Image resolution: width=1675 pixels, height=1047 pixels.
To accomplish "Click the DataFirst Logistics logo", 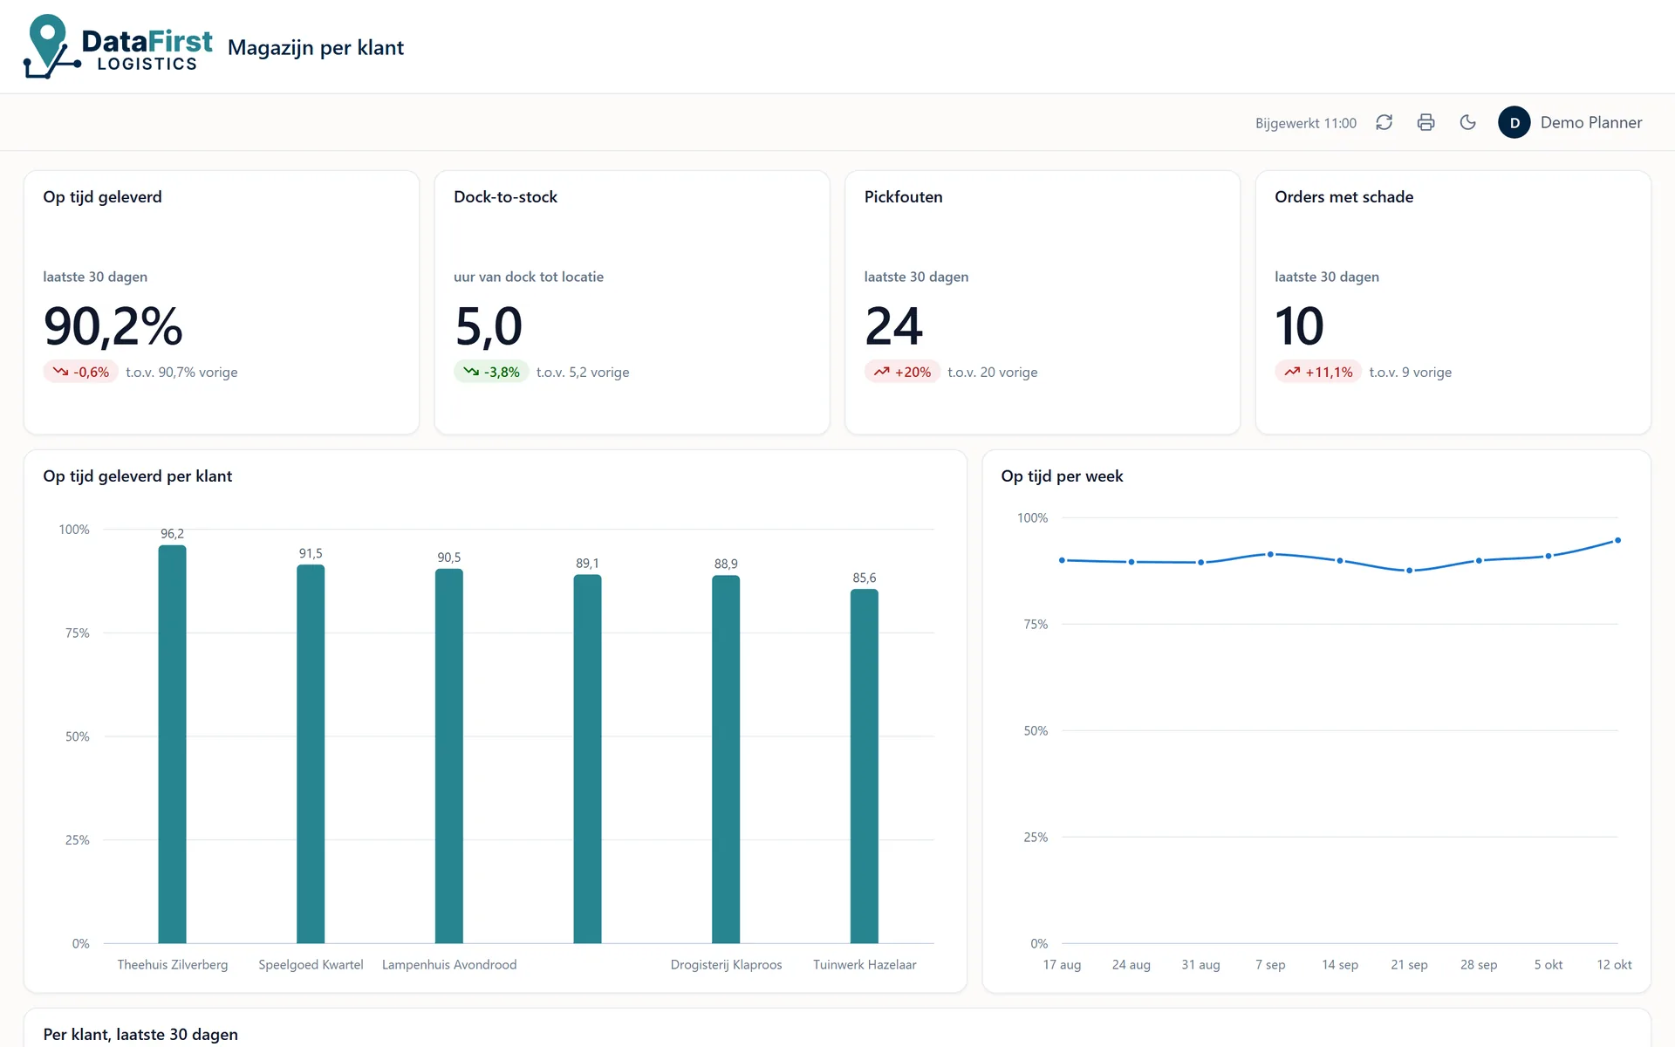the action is [118, 47].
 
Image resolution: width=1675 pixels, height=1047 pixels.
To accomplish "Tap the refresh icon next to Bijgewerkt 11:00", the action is [1384, 123].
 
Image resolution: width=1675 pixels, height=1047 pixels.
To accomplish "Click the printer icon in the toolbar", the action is [1426, 123].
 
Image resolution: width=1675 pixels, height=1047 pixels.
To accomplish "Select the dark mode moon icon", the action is [1468, 123].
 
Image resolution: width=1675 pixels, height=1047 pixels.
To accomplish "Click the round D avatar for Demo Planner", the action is [1514, 123].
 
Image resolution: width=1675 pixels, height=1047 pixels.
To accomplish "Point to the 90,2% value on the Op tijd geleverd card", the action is [113, 326].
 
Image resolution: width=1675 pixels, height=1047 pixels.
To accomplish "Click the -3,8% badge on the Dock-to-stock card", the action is [491, 372].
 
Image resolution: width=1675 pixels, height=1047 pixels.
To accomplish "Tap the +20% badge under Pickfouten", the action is [902, 372].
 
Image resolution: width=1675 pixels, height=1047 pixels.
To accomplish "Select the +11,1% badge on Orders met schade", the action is [1317, 372].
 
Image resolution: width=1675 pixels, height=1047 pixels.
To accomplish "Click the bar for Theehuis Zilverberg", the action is [172, 744].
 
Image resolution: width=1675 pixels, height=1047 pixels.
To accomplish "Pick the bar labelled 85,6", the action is [865, 766].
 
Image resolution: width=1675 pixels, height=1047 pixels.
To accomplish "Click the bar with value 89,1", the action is [587, 759].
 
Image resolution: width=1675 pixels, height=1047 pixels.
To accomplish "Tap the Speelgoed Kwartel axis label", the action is [311, 964].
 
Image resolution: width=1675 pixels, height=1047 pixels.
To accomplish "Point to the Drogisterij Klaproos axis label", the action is [726, 964].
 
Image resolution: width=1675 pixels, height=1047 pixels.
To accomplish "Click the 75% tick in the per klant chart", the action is [78, 633].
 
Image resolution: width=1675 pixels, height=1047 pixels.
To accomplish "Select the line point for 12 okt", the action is [1617, 540].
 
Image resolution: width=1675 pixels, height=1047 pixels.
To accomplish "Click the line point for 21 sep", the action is [1409, 571].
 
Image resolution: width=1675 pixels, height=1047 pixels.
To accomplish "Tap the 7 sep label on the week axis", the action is [1270, 964].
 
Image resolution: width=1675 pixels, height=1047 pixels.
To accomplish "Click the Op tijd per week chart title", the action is [1062, 476].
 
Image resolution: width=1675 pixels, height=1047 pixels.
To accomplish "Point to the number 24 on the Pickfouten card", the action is [893, 326].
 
